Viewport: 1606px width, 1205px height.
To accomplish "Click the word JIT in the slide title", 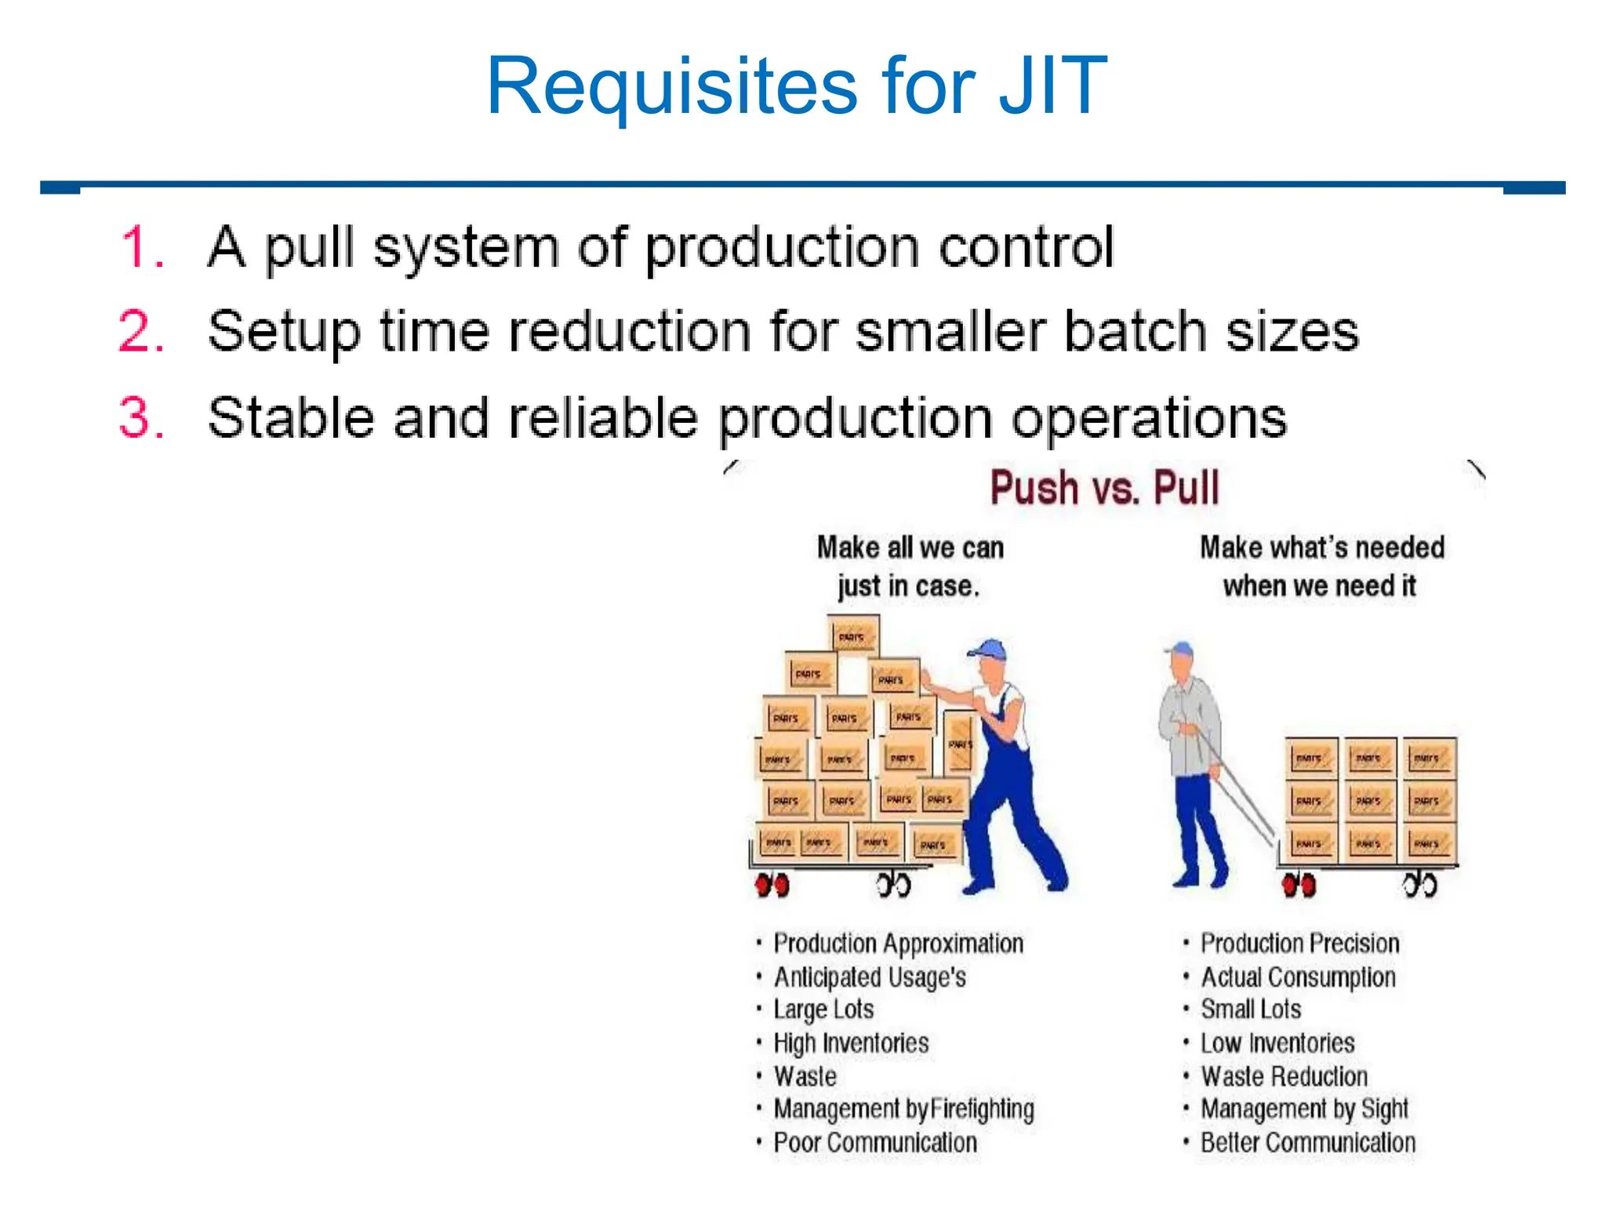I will [x=1052, y=86].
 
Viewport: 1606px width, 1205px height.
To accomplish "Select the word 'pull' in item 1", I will [x=309, y=249].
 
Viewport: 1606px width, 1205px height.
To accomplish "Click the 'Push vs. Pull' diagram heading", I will [x=1104, y=487].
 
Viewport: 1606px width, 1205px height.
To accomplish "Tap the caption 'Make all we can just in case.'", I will [x=910, y=566].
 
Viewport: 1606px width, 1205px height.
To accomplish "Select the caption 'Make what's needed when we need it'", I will [x=1321, y=566].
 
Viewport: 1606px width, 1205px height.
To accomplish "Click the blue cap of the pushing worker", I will [x=988, y=650].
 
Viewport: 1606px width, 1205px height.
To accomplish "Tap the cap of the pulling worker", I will [x=1179, y=650].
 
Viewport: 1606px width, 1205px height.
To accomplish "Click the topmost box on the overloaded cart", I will [x=853, y=636].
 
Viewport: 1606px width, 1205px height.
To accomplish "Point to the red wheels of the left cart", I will [x=772, y=886].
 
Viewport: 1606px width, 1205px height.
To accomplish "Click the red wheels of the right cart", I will [x=1299, y=886].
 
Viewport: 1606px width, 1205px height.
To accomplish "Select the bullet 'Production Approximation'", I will [x=898, y=943].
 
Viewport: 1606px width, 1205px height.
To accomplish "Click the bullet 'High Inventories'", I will [x=851, y=1043].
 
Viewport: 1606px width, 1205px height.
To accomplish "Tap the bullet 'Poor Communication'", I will [x=875, y=1142].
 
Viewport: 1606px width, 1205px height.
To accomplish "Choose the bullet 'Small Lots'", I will [x=1251, y=1009].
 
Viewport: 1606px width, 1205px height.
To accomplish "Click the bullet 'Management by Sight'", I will [x=1304, y=1109].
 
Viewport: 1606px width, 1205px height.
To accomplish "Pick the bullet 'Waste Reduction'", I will [x=1284, y=1076].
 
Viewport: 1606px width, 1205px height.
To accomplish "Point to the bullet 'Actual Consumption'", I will [x=1298, y=977].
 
